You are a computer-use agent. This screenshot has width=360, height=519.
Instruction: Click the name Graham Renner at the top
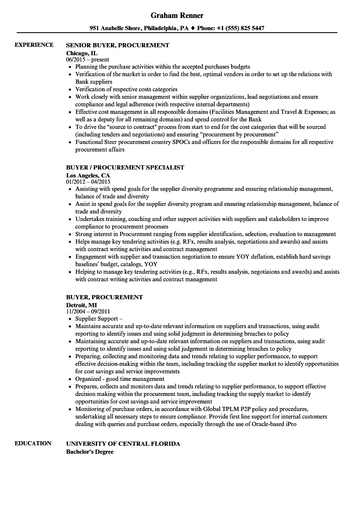click(x=177, y=15)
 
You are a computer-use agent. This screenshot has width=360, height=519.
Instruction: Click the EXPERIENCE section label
click(x=34, y=45)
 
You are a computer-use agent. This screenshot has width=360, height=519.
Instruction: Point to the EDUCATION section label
click(x=33, y=443)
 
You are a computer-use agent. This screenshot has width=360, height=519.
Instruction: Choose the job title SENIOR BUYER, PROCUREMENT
click(x=118, y=45)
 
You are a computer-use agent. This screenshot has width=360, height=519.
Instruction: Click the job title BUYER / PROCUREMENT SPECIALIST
click(x=125, y=167)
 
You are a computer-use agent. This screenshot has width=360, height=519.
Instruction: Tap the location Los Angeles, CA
click(x=88, y=175)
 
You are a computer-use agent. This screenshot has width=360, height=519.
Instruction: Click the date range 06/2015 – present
click(x=87, y=60)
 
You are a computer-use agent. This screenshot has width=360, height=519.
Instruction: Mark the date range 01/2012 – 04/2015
click(x=88, y=182)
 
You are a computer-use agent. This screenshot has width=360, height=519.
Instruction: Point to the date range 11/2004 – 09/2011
click(x=88, y=312)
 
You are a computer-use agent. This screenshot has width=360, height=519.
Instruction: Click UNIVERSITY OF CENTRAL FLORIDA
click(x=123, y=444)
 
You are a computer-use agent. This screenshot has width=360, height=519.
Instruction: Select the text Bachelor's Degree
click(x=90, y=452)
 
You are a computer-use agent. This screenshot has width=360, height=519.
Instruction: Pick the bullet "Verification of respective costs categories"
click(x=126, y=89)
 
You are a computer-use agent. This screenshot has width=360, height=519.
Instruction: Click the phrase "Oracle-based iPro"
click(x=278, y=424)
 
